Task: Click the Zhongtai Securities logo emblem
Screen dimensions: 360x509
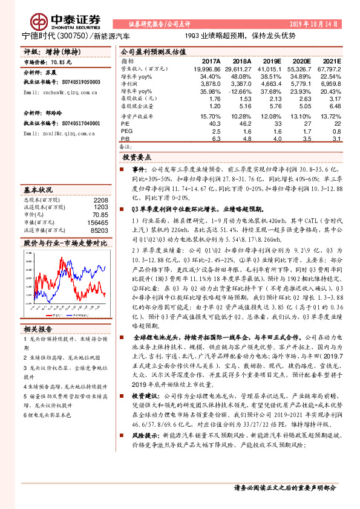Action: (x=41, y=21)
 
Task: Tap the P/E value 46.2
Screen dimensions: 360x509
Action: (x=244, y=123)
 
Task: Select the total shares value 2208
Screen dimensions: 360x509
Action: (x=100, y=199)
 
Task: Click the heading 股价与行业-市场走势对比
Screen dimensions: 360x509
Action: (x=65, y=242)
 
